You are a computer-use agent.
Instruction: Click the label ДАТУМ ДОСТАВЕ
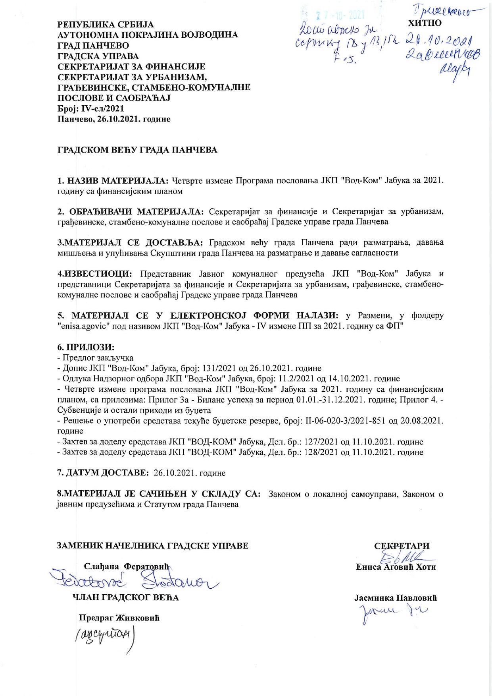104,473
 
